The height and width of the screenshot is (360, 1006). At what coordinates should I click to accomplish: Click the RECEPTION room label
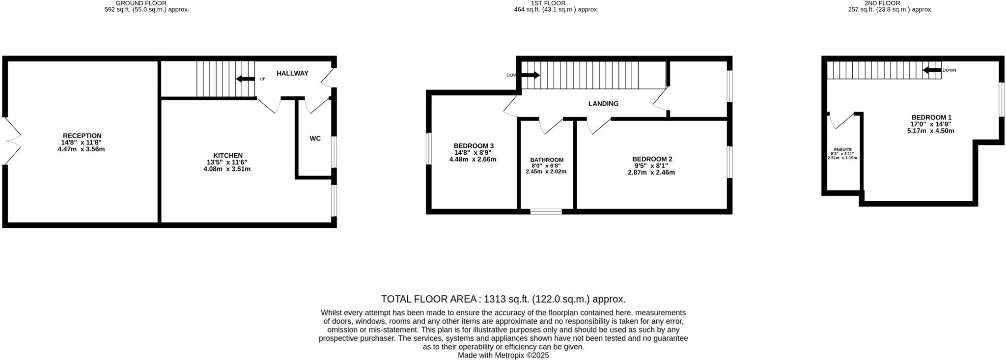82,136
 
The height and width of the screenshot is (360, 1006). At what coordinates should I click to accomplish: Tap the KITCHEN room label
227,156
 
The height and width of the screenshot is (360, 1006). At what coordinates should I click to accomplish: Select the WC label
315,138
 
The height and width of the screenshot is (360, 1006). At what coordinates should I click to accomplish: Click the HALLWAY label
292,73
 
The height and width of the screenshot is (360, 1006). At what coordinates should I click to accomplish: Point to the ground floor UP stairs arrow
245,79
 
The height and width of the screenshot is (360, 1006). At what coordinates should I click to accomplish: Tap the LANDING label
603,104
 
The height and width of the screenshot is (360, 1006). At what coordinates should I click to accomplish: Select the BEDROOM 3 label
473,146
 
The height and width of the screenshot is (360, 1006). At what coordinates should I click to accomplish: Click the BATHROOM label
547,160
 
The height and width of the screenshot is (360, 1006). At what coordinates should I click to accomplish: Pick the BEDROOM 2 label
652,159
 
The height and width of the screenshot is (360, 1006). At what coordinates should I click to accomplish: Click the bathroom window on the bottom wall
546,212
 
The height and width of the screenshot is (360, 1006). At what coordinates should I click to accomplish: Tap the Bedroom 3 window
428,148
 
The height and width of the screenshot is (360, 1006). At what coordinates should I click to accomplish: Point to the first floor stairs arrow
530,75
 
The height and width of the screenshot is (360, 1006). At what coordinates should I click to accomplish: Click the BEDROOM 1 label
931,117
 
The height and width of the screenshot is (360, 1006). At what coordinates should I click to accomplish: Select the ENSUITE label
843,150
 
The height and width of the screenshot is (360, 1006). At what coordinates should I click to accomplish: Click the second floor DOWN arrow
932,70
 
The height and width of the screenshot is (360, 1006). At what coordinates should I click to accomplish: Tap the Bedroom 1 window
1001,99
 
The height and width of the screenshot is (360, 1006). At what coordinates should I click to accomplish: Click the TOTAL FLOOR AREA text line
503,299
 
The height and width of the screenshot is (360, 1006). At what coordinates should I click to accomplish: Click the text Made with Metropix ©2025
503,355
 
